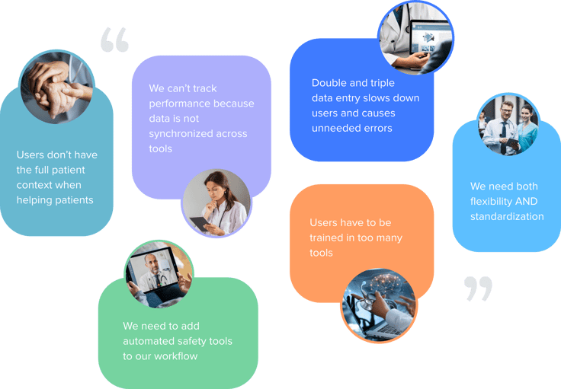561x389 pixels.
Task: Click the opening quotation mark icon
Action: pyautogui.click(x=114, y=40)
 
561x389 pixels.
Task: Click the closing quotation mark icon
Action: pyautogui.click(x=478, y=289)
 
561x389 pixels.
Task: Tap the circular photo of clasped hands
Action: pyautogui.click(x=56, y=88)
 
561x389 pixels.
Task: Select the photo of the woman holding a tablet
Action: pyautogui.click(x=216, y=203)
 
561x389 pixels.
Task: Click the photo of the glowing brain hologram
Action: pyautogui.click(x=379, y=305)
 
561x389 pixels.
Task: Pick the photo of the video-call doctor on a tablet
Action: pyautogui.click(x=159, y=274)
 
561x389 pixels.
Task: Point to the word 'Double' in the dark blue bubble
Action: pyautogui.click(x=329, y=83)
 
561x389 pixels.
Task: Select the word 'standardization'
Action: pyautogui.click(x=507, y=216)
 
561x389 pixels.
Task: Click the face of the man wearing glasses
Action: pyautogui.click(x=506, y=110)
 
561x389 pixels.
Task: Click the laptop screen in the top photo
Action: pyautogui.click(x=428, y=40)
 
